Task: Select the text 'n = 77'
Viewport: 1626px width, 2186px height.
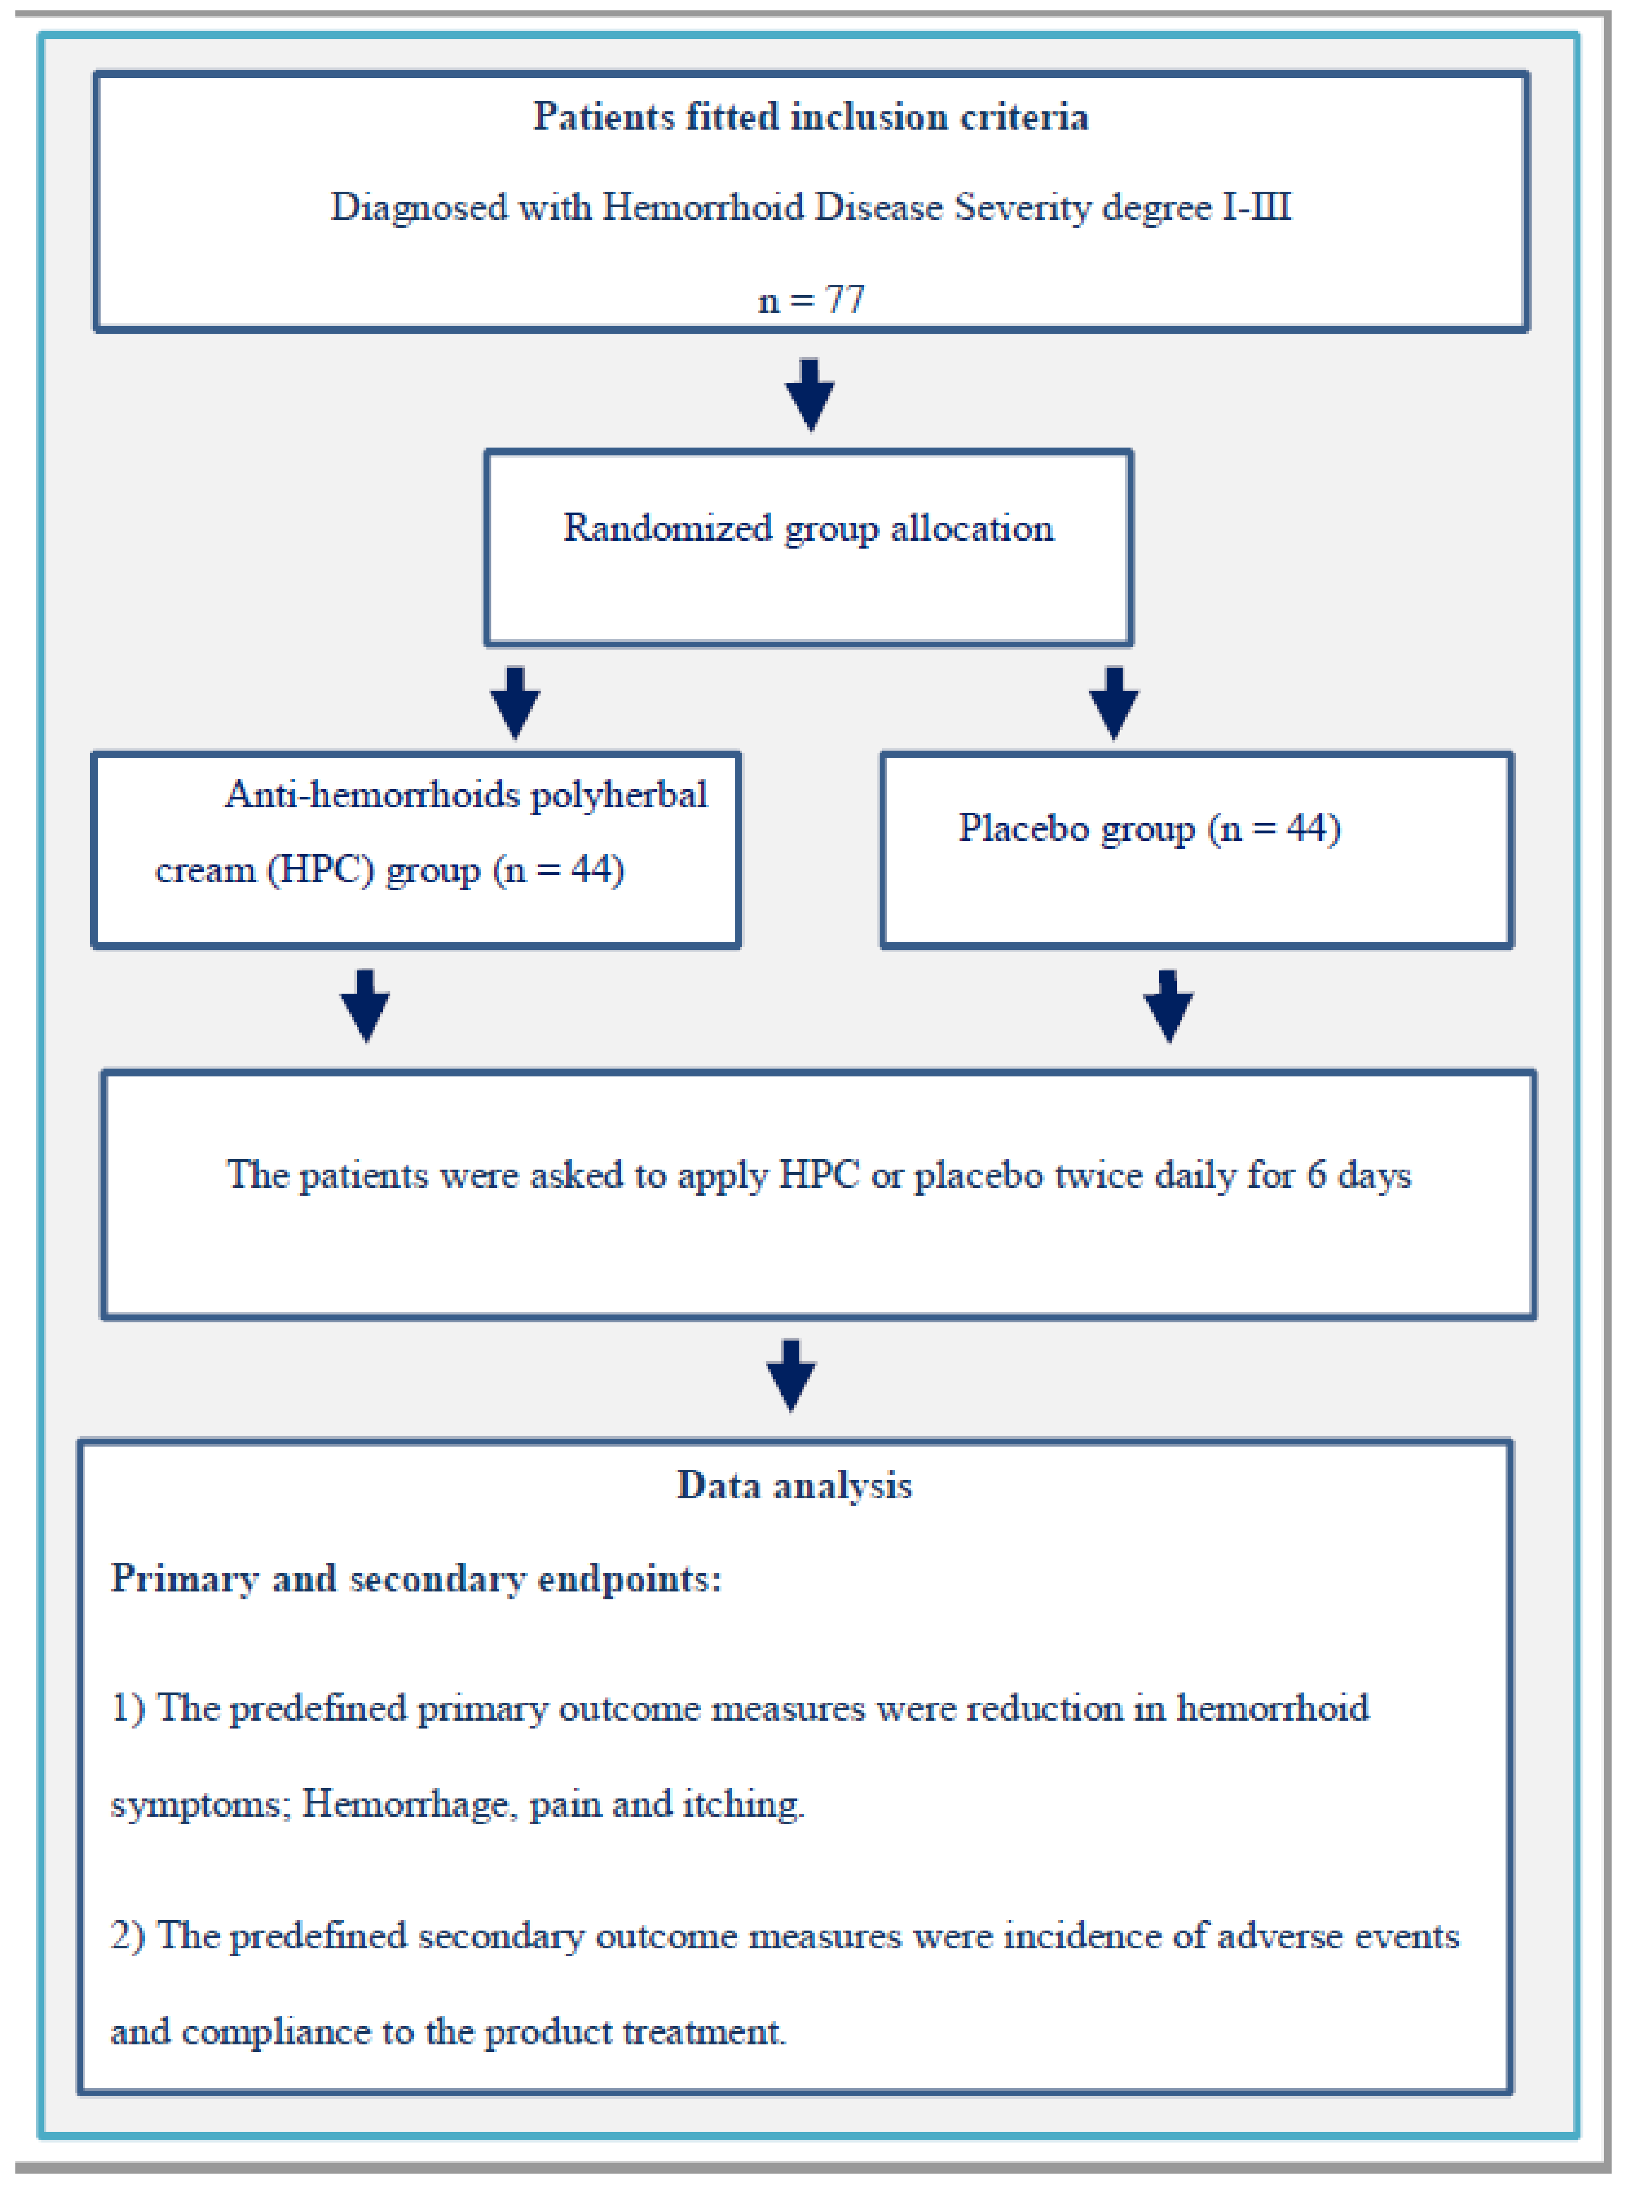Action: tap(811, 299)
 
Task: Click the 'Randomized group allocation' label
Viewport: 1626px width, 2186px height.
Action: tap(808, 529)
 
